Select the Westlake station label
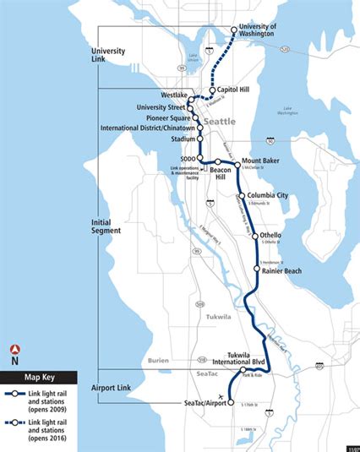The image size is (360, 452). (173, 95)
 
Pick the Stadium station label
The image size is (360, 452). (183, 139)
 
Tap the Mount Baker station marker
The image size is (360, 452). (237, 161)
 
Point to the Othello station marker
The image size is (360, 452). (254, 237)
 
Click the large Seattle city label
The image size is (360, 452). (221, 123)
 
